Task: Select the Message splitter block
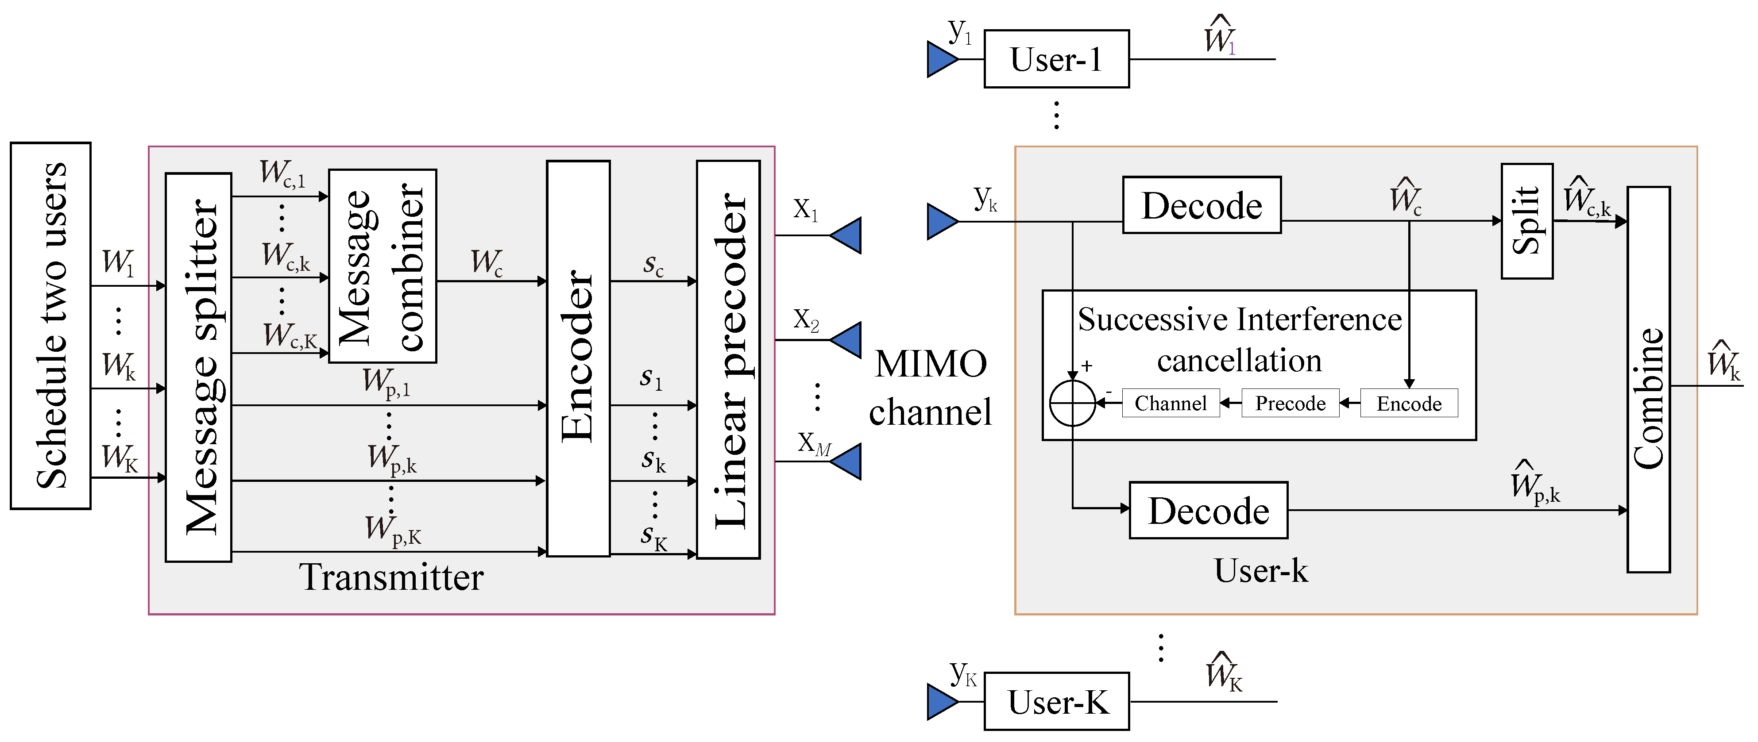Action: (x=199, y=367)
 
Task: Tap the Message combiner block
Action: (x=382, y=266)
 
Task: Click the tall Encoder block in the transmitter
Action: (x=578, y=358)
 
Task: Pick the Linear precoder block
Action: (x=728, y=359)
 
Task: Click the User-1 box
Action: (x=1056, y=59)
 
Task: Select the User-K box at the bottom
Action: (x=1056, y=702)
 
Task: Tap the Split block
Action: (x=1526, y=221)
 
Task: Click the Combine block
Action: (x=1648, y=380)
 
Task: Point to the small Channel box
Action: (x=1171, y=403)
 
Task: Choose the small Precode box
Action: (x=1290, y=403)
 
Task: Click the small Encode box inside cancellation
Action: (x=1409, y=403)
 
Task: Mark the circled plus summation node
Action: (x=1072, y=403)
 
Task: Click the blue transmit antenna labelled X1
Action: (x=848, y=235)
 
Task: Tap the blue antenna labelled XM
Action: (x=848, y=462)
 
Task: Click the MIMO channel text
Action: (x=931, y=387)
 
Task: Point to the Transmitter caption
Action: (x=391, y=577)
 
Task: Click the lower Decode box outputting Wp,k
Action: (x=1208, y=510)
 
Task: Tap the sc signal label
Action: (x=653, y=265)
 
